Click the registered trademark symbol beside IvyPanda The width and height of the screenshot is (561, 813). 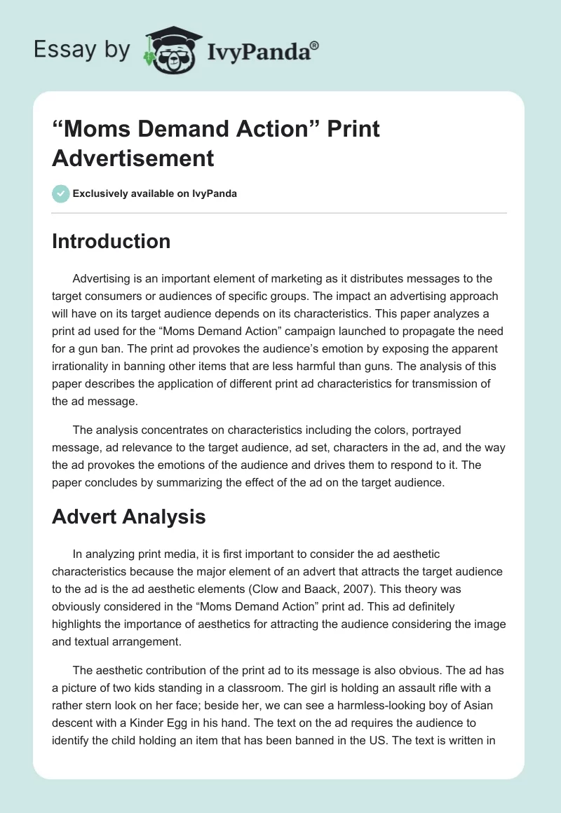coord(315,46)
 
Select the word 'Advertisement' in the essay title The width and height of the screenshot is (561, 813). coord(133,158)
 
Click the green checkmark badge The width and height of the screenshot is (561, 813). coord(61,193)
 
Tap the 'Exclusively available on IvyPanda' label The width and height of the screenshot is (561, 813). coord(155,194)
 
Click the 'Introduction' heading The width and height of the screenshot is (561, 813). coord(111,242)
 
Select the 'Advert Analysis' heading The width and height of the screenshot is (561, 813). coord(129,517)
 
